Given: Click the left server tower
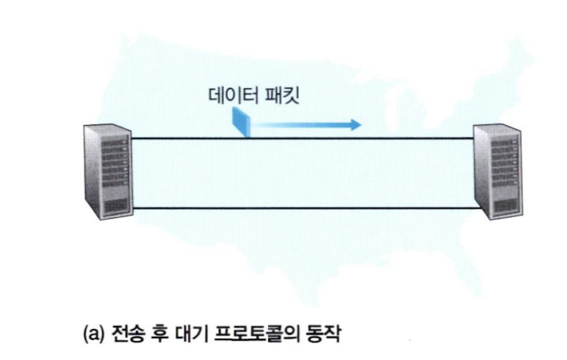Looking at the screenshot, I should [102, 169].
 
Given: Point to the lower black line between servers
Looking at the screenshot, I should [294, 209].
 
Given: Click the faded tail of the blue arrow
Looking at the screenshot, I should [267, 124].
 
